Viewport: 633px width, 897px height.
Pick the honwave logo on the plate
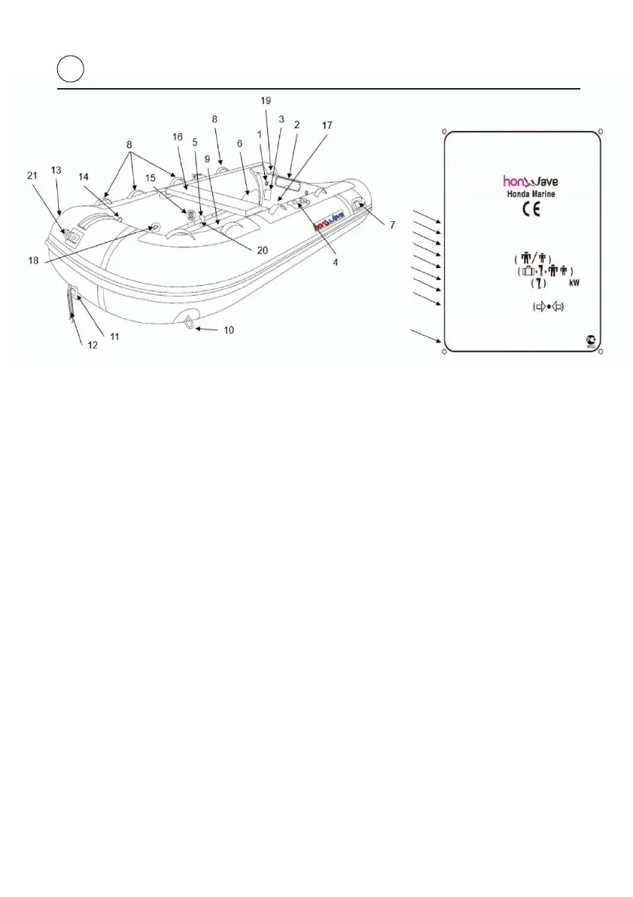(530, 180)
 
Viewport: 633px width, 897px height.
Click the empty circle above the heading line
(69, 70)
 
